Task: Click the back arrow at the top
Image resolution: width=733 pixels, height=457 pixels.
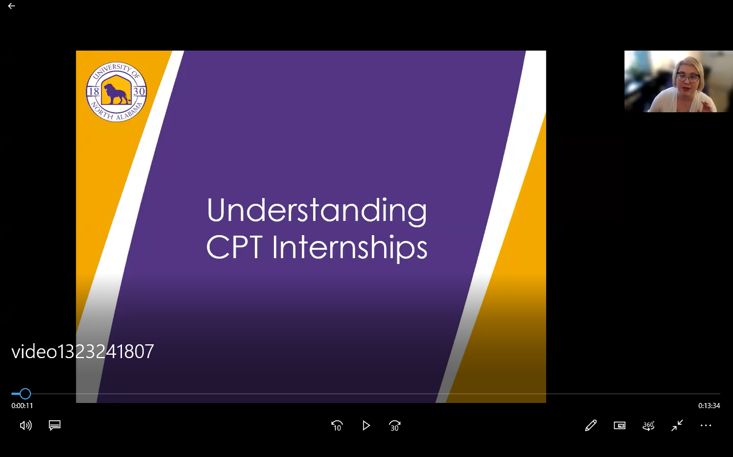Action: pyautogui.click(x=12, y=6)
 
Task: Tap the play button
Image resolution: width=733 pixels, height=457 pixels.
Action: pyautogui.click(x=366, y=425)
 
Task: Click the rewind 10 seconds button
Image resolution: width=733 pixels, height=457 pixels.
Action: pyautogui.click(x=337, y=425)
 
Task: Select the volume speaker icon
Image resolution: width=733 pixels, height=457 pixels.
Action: pyautogui.click(x=26, y=425)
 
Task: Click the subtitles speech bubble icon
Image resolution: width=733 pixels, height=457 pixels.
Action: pyautogui.click(x=55, y=425)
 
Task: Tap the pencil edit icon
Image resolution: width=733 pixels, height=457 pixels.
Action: pyautogui.click(x=591, y=425)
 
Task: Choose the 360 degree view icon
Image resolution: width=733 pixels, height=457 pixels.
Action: pyautogui.click(x=648, y=425)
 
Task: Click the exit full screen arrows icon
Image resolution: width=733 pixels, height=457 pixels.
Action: pyautogui.click(x=677, y=425)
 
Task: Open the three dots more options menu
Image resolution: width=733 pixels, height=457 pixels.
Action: pyautogui.click(x=706, y=425)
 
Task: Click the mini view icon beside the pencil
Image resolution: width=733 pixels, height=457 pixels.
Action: pyautogui.click(x=620, y=425)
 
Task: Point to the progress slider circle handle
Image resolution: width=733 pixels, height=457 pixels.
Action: pyautogui.click(x=25, y=394)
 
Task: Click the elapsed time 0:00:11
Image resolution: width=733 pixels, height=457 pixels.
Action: pyautogui.click(x=22, y=406)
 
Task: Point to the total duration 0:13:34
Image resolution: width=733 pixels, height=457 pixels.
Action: pyautogui.click(x=709, y=406)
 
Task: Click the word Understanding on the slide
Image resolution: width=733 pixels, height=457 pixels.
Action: pyautogui.click(x=317, y=211)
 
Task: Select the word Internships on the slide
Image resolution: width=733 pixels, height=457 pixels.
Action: pyautogui.click(x=349, y=247)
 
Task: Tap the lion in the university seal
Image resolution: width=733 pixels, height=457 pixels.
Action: pyautogui.click(x=116, y=94)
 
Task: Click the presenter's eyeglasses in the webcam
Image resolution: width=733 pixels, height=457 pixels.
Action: pyautogui.click(x=688, y=78)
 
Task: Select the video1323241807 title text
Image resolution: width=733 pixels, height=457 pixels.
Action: pyautogui.click(x=82, y=352)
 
